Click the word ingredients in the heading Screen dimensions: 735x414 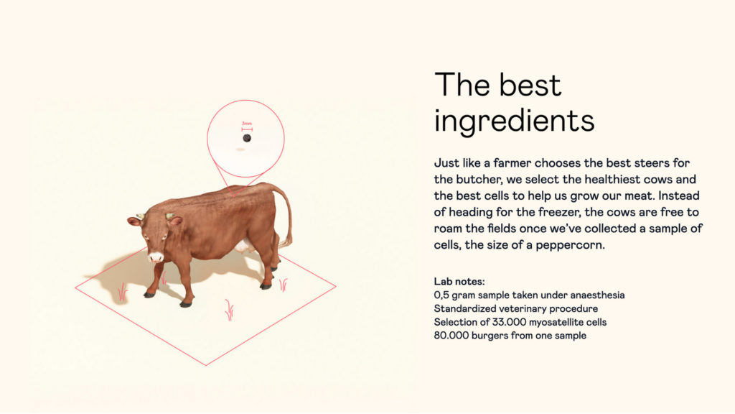coord(514,121)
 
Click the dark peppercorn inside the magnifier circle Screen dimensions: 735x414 coord(247,138)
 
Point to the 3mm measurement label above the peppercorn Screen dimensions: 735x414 coord(247,124)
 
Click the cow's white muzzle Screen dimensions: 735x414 coord(156,257)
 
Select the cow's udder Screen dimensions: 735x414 coord(243,247)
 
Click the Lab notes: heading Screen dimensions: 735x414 coord(459,282)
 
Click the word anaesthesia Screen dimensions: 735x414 coord(597,295)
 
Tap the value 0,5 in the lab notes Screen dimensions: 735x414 coord(441,295)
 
